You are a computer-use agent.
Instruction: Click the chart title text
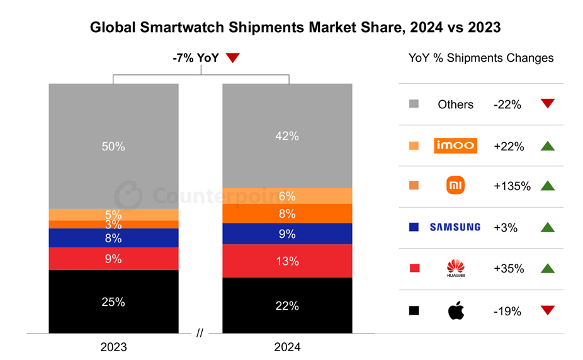point(295,28)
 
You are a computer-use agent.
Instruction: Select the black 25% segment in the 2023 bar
point(113,301)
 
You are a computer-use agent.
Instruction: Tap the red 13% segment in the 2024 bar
point(287,261)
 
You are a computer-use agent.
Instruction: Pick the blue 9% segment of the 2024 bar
point(287,233)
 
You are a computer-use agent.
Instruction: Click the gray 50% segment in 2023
point(113,146)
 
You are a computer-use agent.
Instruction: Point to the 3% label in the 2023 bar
point(113,225)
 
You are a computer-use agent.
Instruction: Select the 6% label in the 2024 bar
point(287,196)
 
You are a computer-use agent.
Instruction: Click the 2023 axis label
point(113,347)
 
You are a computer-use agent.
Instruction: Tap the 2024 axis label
point(287,347)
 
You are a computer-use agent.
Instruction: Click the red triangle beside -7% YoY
point(233,58)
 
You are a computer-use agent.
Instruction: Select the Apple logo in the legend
point(456,310)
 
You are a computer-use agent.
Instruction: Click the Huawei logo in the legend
point(455,269)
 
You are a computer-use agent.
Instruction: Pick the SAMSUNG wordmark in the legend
point(455,227)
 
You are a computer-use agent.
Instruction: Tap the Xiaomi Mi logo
point(455,186)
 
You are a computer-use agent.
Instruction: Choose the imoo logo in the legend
point(456,146)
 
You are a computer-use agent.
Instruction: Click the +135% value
point(512,186)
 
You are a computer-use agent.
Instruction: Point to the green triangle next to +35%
point(547,269)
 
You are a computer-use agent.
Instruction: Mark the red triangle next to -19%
point(547,310)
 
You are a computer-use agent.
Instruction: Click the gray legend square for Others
point(414,104)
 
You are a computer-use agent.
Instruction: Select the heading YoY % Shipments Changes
point(481,58)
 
